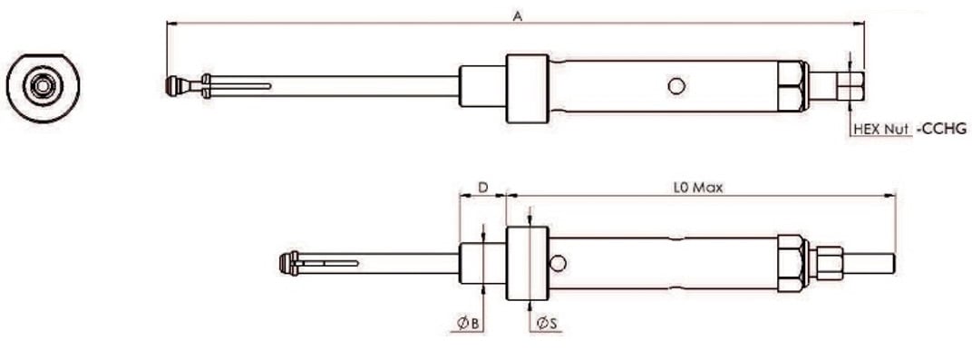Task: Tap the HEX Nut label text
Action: (881, 130)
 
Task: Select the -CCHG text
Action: (941, 130)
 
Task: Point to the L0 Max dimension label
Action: (697, 188)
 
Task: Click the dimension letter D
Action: (483, 188)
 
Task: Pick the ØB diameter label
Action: (465, 323)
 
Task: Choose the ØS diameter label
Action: (546, 323)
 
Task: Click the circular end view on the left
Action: (43, 86)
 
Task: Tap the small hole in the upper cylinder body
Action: (675, 86)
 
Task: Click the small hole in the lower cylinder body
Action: (559, 263)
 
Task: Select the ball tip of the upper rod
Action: (174, 86)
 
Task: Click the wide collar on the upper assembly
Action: (527, 87)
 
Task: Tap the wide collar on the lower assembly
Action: (527, 264)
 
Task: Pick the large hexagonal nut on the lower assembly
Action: (791, 264)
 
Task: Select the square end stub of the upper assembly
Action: (849, 87)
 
